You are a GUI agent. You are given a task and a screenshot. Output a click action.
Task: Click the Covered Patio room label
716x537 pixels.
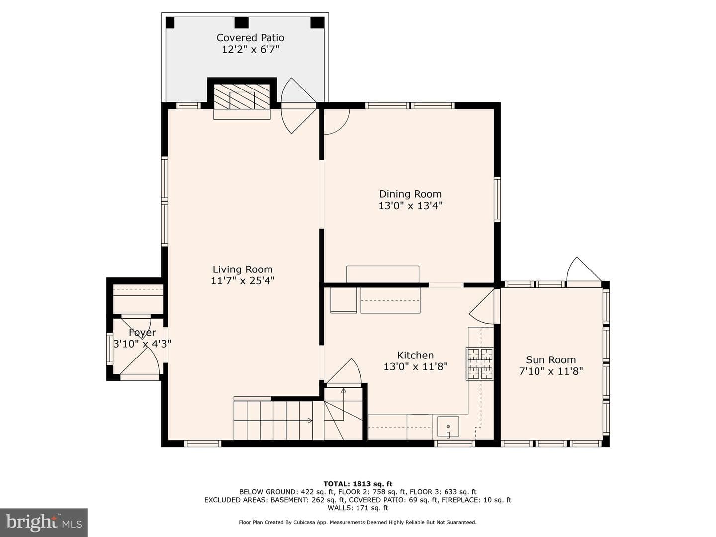tap(250, 38)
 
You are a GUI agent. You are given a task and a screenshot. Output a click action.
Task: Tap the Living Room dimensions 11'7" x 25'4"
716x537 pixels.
tap(243, 281)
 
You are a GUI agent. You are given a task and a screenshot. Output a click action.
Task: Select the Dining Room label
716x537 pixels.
tap(410, 194)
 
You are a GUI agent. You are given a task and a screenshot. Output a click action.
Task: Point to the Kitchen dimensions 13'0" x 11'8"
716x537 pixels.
tap(415, 367)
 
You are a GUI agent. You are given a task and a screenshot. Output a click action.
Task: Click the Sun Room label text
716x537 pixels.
tap(550, 360)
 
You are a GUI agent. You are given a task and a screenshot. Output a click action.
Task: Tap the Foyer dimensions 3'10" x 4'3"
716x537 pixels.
tap(142, 344)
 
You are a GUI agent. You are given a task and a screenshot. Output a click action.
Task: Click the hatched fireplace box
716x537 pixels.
tap(242, 96)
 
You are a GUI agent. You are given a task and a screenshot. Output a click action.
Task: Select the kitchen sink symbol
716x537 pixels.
tap(448, 427)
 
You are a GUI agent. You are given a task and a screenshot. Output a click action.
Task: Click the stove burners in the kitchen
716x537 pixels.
tap(479, 363)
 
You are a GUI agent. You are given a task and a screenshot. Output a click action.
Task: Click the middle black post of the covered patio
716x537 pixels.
tap(241, 23)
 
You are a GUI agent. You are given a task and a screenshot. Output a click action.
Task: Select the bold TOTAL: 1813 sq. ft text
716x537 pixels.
tap(358, 484)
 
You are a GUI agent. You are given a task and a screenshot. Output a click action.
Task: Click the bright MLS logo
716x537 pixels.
tap(44, 522)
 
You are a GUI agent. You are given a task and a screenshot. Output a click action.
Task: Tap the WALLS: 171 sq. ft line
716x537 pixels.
tap(358, 508)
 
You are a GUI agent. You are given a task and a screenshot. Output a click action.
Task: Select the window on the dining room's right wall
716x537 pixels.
tap(497, 199)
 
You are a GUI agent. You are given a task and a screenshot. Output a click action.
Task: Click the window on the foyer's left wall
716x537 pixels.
tap(109, 348)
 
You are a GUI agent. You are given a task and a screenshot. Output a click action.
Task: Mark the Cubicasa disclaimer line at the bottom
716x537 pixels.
tap(358, 522)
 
